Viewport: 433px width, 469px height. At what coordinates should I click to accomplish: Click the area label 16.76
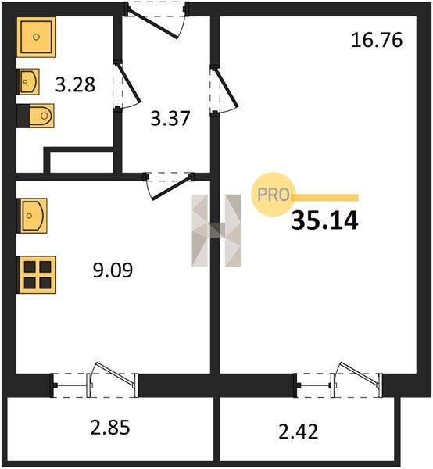377,41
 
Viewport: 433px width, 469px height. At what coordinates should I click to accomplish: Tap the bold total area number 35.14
325,221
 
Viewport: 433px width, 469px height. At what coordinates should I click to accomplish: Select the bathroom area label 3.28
75,84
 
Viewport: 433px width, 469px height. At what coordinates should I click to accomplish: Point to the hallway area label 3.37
170,118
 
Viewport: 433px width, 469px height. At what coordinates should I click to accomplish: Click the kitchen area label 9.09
113,270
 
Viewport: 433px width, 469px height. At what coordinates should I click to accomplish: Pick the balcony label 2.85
110,427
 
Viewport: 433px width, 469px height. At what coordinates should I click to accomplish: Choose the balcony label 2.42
298,432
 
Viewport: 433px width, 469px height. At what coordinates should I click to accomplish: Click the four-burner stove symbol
37,275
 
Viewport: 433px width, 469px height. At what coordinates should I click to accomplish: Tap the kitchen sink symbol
32,216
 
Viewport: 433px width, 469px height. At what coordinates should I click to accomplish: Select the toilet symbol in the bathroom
36,116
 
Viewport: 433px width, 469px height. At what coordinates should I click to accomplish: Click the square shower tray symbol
37,37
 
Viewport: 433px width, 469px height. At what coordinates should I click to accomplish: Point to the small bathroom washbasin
28,81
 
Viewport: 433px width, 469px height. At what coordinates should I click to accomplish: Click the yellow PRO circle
274,195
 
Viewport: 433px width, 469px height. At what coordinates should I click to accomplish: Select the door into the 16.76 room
226,88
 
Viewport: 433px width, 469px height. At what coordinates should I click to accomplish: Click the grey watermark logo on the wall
216,231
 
